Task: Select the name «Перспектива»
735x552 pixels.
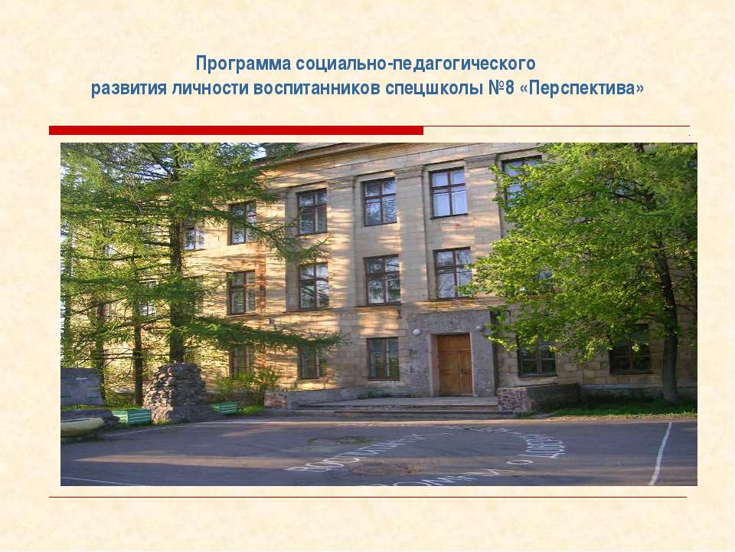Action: point(582,89)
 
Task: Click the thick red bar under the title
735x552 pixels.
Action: point(236,130)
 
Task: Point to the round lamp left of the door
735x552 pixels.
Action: point(416,333)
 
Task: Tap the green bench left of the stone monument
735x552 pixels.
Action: point(132,416)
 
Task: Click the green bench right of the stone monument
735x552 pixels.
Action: point(224,408)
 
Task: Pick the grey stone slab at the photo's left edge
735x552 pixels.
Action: point(81,386)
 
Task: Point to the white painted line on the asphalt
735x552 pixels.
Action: point(660,452)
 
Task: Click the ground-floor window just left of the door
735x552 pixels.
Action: point(383,358)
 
